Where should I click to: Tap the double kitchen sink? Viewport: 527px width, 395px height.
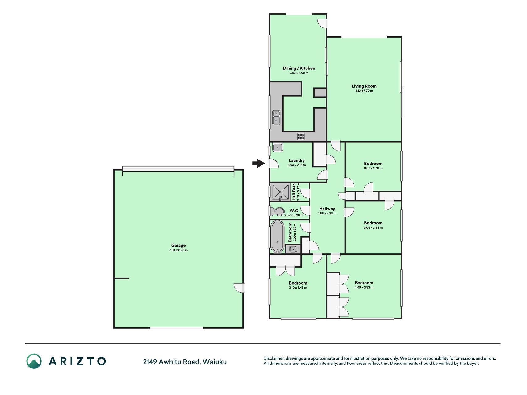(x=276, y=118)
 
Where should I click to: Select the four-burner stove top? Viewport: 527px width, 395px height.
(x=301, y=136)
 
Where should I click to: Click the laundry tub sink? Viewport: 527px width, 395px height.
(x=278, y=148)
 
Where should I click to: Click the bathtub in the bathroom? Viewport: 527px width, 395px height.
(x=277, y=237)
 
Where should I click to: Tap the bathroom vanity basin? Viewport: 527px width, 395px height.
(x=293, y=249)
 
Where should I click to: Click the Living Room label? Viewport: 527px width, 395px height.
(x=364, y=86)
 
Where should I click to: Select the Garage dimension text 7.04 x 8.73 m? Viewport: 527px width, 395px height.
(x=178, y=250)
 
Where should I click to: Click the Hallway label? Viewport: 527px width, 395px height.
(x=327, y=209)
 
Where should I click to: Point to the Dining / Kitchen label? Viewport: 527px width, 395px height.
(x=299, y=68)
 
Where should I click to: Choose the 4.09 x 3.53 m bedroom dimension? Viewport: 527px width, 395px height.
(x=364, y=287)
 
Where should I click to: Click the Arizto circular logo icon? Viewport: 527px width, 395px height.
(x=34, y=361)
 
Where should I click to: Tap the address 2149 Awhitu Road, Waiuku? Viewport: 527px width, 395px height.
(x=185, y=362)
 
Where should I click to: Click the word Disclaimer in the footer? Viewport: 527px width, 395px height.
(x=274, y=358)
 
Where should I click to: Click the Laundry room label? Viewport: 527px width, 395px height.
(x=297, y=160)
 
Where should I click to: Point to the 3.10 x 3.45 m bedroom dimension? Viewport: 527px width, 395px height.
(x=298, y=288)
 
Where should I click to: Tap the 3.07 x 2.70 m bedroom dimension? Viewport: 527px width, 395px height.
(x=373, y=168)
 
